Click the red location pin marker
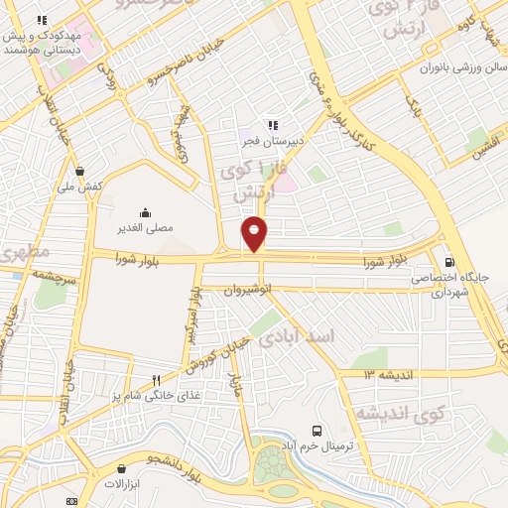pyautogui.click(x=255, y=232)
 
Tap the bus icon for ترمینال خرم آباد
pyautogui.click(x=317, y=431)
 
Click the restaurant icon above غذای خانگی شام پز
pyautogui.click(x=156, y=380)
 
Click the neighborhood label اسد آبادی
pyautogui.click(x=298, y=337)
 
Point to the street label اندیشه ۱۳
pyautogui.click(x=385, y=374)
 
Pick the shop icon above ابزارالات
pyautogui.click(x=122, y=468)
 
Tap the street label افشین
pyautogui.click(x=485, y=145)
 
